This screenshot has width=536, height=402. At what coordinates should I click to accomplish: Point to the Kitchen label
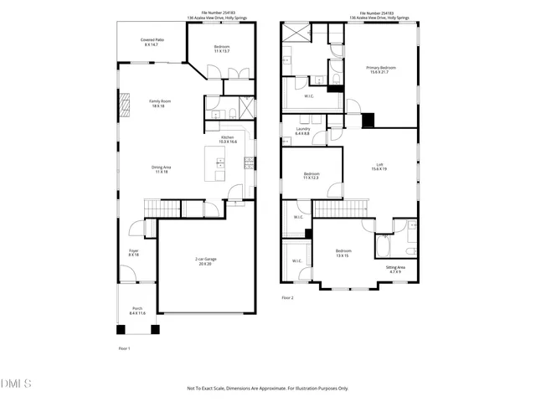click(228, 137)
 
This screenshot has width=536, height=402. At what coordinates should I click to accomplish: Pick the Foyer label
click(134, 250)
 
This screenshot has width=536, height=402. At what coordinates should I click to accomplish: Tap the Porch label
click(137, 308)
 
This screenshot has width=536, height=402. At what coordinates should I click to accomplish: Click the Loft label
click(379, 164)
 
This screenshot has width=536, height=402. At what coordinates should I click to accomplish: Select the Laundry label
click(302, 129)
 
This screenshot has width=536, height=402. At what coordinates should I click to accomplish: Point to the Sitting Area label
click(394, 267)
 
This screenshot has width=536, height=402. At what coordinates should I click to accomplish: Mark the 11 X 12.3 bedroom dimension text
click(311, 178)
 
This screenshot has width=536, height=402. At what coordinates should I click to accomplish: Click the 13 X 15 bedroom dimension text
click(343, 255)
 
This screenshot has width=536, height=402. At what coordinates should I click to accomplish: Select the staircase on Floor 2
click(341, 208)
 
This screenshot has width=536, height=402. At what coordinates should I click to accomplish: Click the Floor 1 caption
click(124, 348)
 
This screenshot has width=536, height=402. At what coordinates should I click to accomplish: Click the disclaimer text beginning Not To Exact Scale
click(267, 388)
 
